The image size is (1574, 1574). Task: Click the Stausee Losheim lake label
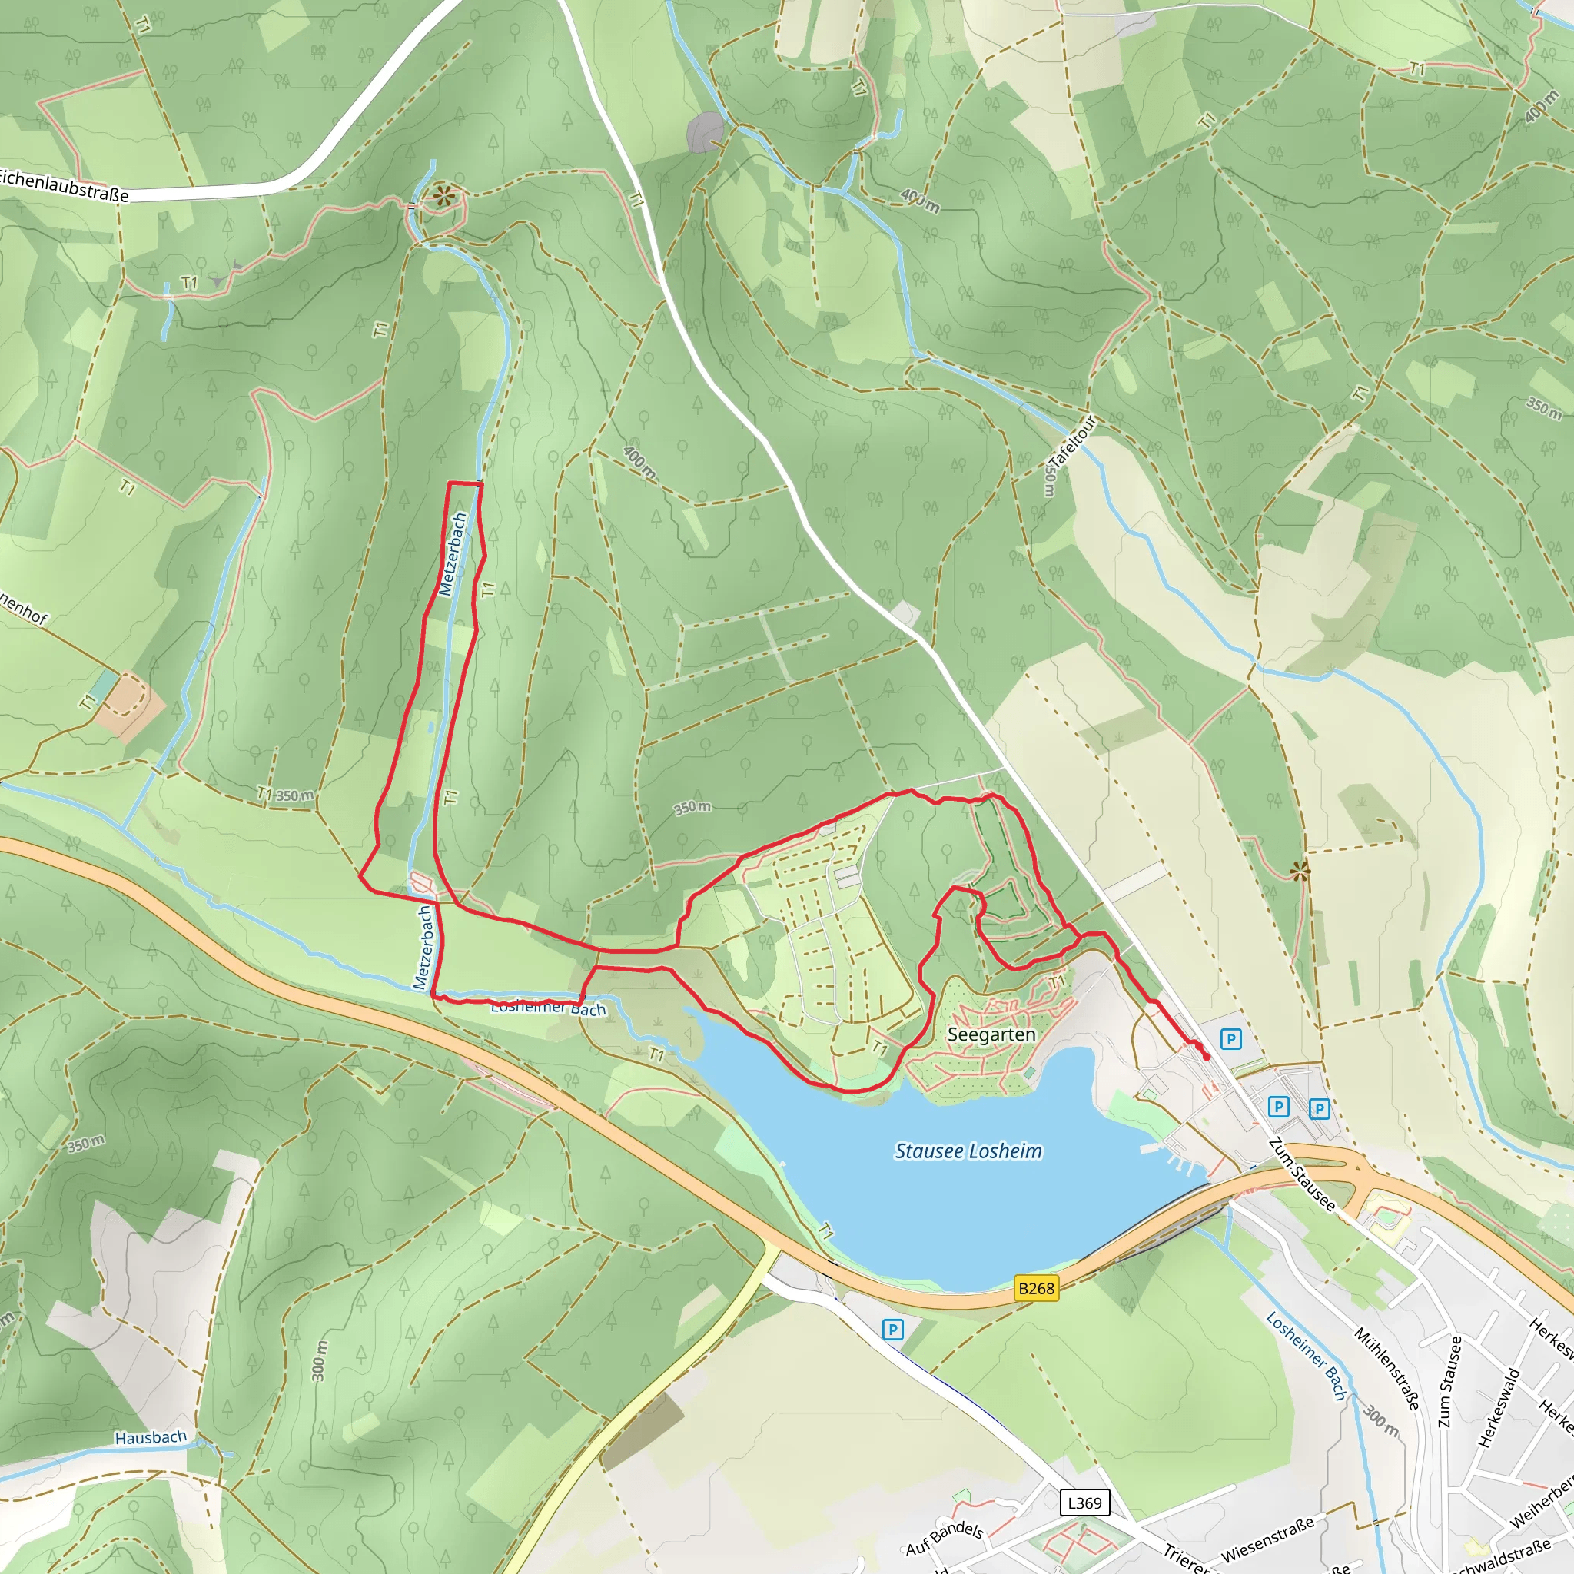pyautogui.click(x=968, y=1151)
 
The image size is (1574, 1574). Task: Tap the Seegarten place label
pyautogui.click(x=991, y=1034)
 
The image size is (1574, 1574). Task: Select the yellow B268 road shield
pyautogui.click(x=1036, y=1288)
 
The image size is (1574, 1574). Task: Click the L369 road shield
pyautogui.click(x=1084, y=1503)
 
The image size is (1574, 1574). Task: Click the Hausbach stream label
pyautogui.click(x=151, y=1437)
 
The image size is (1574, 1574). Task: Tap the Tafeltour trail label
pyautogui.click(x=1071, y=443)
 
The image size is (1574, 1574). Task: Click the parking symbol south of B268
pyautogui.click(x=893, y=1330)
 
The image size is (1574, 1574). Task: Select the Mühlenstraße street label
pyautogui.click(x=1387, y=1368)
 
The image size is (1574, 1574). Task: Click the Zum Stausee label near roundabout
pyautogui.click(x=1302, y=1174)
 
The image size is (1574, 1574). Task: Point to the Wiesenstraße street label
pyautogui.click(x=1267, y=1538)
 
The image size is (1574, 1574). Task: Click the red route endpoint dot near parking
pyautogui.click(x=1207, y=1058)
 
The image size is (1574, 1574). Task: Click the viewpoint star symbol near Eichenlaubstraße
pyautogui.click(x=443, y=194)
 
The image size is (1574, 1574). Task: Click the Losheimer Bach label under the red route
pyautogui.click(x=548, y=1008)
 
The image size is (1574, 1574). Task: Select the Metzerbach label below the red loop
pyautogui.click(x=423, y=948)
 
